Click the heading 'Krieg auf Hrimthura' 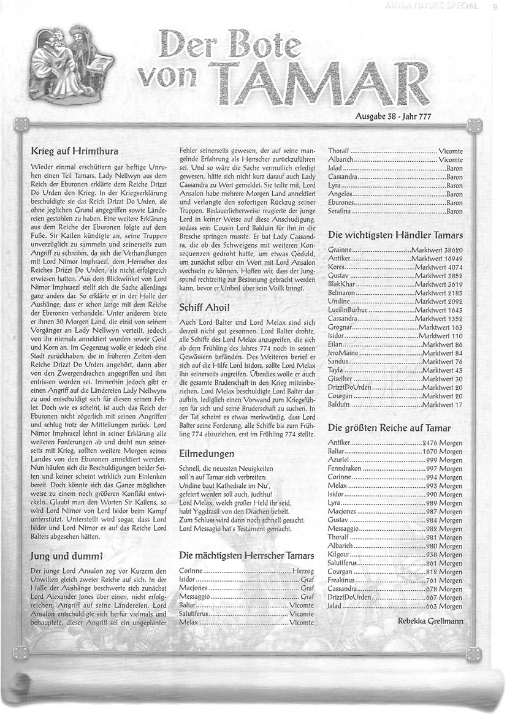74,150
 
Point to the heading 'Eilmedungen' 207,454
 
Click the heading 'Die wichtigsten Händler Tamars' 395,235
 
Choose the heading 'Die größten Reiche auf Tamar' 389,427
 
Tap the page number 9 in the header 494,7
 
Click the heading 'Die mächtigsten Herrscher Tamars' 246,555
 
